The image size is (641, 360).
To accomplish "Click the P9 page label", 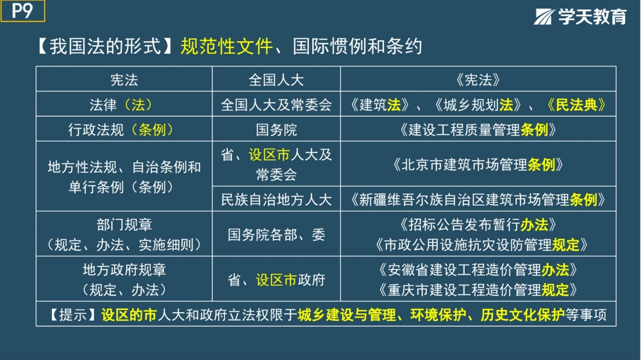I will (22, 12).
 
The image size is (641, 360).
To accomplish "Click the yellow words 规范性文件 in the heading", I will (227, 47).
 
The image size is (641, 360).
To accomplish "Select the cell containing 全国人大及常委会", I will (276, 104).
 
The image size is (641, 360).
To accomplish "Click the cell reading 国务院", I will (276, 130).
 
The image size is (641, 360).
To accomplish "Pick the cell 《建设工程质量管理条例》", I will (478, 130).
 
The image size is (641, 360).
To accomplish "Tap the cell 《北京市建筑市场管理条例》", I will (478, 165).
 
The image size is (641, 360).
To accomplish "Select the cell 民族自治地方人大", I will (276, 200).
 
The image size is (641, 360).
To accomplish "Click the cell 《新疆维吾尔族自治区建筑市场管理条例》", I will (478, 200).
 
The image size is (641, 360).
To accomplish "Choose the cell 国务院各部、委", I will (276, 234).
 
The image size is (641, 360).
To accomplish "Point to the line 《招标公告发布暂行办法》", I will (478, 225).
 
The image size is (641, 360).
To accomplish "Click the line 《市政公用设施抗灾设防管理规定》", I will (478, 244).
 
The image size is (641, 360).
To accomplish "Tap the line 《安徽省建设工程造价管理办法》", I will (478, 269).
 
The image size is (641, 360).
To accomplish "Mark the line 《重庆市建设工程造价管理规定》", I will (478, 289).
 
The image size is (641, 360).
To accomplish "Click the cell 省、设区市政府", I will (276, 280).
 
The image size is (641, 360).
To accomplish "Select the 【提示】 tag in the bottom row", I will (72, 315).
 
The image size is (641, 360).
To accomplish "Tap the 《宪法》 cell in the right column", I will (478, 79).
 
